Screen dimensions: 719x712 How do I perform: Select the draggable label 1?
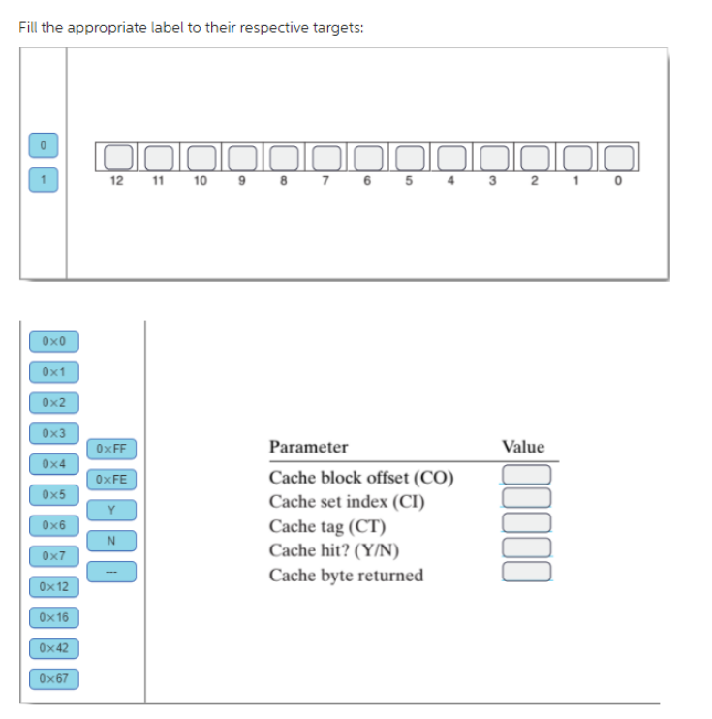(x=43, y=177)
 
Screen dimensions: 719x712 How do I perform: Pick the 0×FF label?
(x=113, y=449)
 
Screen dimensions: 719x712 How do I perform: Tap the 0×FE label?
(x=113, y=479)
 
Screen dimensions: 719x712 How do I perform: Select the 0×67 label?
(x=54, y=677)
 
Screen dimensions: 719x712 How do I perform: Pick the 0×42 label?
(x=54, y=647)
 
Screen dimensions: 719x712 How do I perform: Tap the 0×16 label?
(x=54, y=617)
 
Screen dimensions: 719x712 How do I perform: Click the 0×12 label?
(x=54, y=587)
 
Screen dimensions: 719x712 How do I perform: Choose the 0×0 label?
(x=54, y=341)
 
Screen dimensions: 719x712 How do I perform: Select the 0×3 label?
(x=54, y=432)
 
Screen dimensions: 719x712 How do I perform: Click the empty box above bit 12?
(x=118, y=155)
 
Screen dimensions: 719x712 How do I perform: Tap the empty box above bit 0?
(x=621, y=155)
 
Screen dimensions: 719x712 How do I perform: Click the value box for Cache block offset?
(x=526, y=475)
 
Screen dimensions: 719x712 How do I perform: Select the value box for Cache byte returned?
(x=526, y=572)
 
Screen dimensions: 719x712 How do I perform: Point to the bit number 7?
(x=326, y=181)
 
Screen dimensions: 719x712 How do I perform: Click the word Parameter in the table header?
(x=308, y=447)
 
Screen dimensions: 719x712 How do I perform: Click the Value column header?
(x=523, y=447)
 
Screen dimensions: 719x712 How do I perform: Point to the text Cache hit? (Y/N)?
(x=334, y=551)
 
